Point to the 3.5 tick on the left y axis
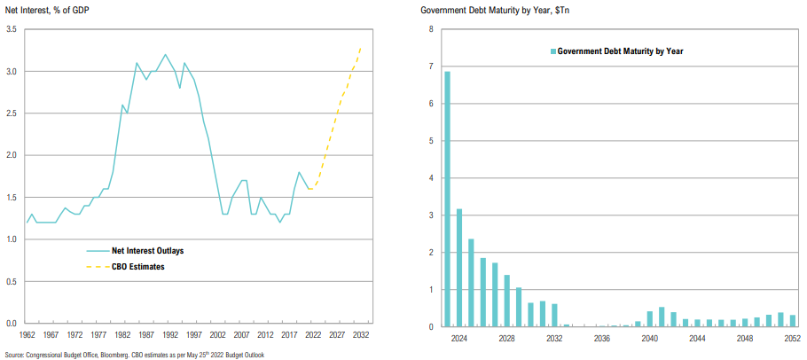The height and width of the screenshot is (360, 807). coord(11,29)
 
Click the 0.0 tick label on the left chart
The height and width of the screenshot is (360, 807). coord(11,324)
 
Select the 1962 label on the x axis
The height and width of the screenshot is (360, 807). coord(27,335)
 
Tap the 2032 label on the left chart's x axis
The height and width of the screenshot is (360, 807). coord(361,335)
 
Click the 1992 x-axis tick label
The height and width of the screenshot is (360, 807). coord(170,335)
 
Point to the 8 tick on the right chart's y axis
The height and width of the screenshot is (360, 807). coord(431,29)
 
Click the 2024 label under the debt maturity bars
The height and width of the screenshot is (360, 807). coord(459,338)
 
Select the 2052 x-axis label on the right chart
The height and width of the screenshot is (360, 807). coord(792,338)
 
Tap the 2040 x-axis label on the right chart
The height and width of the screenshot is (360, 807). coord(650,338)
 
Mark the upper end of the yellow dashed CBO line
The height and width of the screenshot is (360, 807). coord(361,46)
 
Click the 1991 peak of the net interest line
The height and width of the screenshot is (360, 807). coord(165,54)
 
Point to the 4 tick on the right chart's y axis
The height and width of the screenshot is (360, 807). coord(431,178)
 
